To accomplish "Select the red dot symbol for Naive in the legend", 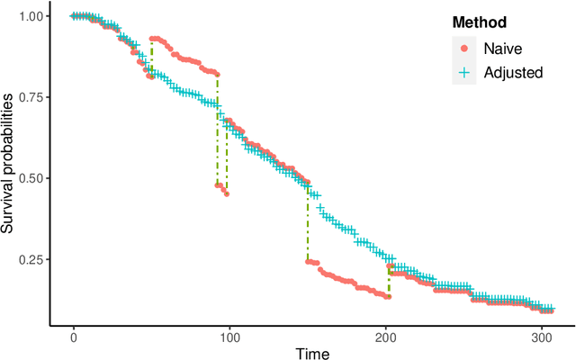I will pos(463,49).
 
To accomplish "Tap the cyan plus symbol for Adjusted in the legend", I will pos(463,73).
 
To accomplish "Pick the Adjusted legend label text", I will pos(513,73).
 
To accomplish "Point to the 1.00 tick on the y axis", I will pos(34,16).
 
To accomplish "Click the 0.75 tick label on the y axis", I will pos(34,97).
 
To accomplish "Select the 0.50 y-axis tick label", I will pos(34,178).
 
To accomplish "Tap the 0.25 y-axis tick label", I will pos(34,259).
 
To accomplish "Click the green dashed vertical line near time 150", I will pos(307,225).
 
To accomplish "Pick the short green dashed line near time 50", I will pos(151,58).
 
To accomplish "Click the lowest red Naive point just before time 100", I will pos(227,193).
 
